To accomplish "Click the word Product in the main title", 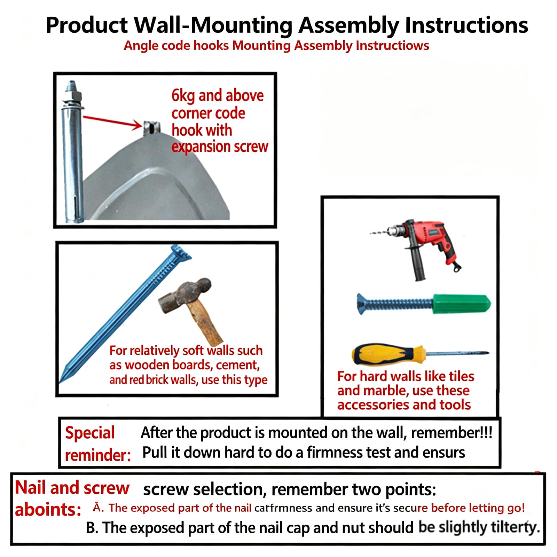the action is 87,25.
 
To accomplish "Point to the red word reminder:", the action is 98,455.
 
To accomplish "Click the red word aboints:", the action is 48,510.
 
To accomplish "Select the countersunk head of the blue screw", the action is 362,304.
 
